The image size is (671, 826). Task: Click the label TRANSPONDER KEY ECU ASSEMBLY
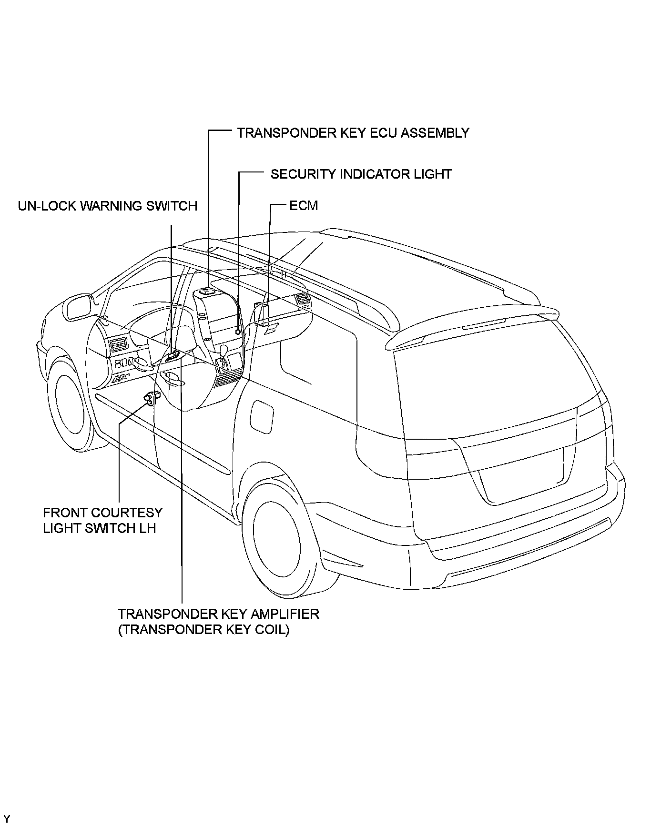pos(353,133)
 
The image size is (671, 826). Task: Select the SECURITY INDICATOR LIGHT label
pos(361,174)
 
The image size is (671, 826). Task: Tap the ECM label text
pos(304,206)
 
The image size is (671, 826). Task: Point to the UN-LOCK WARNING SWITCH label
pos(108,206)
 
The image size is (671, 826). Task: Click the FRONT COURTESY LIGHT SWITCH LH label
pos(102,520)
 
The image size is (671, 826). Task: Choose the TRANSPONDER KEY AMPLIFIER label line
pos(219,614)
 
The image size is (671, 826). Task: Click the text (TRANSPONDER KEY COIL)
pos(204,630)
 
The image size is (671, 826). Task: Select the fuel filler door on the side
pos(262,416)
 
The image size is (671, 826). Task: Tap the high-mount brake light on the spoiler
pos(482,325)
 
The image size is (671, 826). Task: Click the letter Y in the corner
pos(7,819)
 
